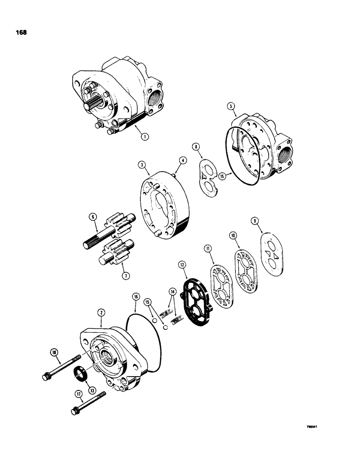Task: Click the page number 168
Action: [21, 33]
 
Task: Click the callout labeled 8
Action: [196, 147]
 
